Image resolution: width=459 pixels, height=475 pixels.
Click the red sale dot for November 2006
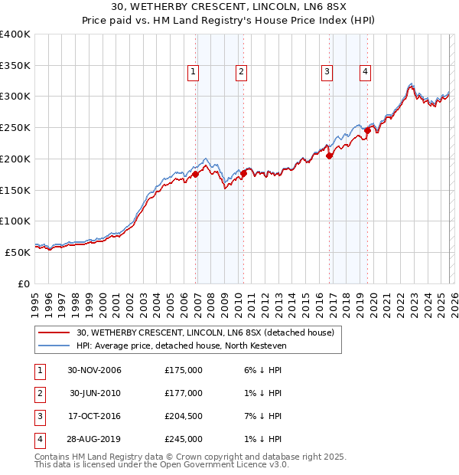tap(196, 174)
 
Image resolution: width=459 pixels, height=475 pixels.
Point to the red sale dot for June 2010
tap(244, 173)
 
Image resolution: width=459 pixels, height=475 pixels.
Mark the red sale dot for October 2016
tap(330, 156)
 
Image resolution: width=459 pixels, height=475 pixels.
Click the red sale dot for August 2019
tap(368, 130)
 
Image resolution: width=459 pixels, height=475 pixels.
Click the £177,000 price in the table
tap(184, 393)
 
